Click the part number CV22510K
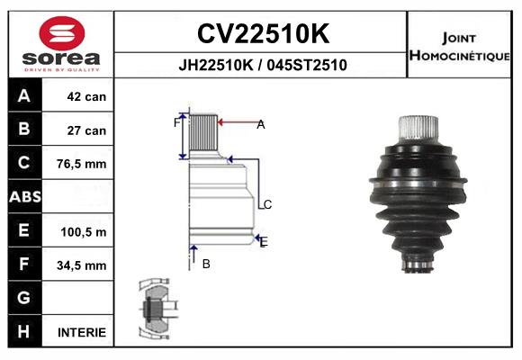[262, 34]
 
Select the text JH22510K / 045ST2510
[262, 65]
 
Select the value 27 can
[86, 130]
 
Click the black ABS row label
[23, 197]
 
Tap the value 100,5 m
[84, 231]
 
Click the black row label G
[23, 298]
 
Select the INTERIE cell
[82, 332]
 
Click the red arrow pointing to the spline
[236, 123]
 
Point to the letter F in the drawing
[177, 123]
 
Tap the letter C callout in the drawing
[267, 205]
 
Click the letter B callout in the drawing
[206, 264]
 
